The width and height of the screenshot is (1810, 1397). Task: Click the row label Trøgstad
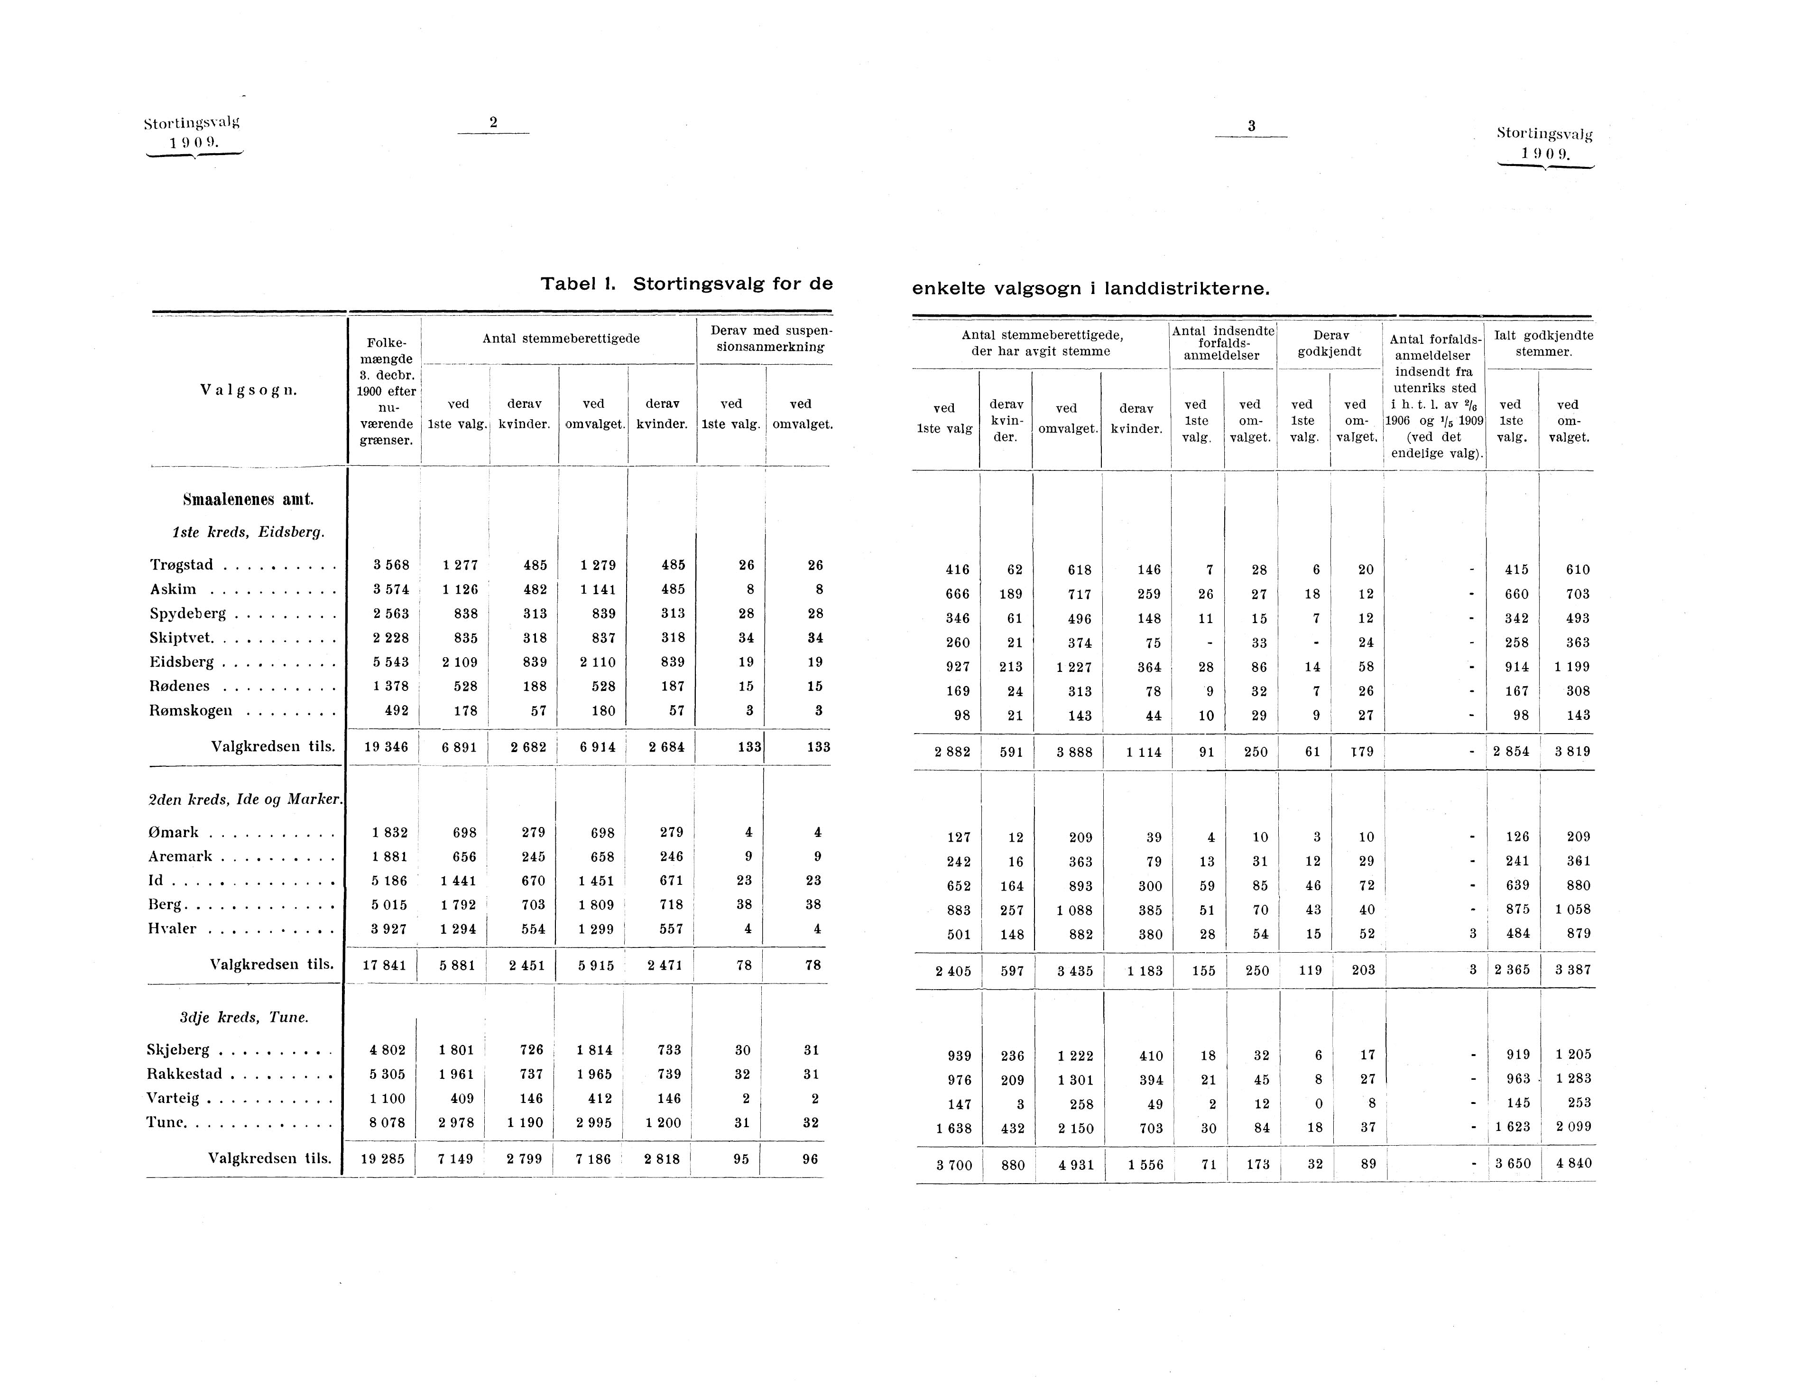click(182, 565)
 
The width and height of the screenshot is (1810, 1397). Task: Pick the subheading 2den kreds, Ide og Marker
click(245, 800)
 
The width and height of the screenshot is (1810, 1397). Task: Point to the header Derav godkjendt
click(1330, 343)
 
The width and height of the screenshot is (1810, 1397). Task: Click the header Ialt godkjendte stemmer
click(1543, 343)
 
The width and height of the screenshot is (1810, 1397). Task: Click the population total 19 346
click(386, 746)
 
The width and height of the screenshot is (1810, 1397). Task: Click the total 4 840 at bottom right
click(1573, 1163)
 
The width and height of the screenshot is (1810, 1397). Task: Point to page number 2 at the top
click(493, 123)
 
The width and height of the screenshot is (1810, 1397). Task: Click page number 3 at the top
click(1251, 126)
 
